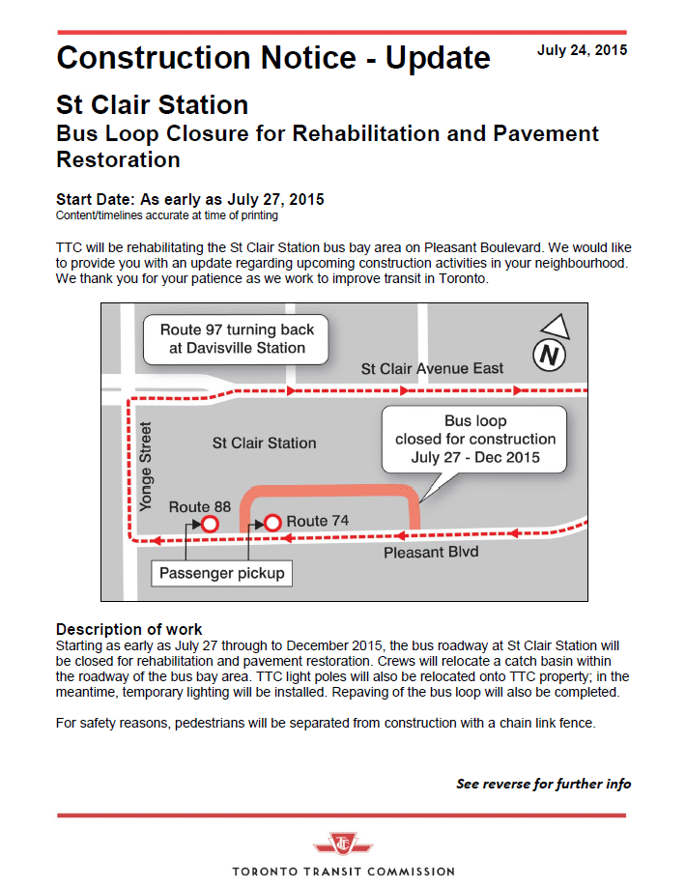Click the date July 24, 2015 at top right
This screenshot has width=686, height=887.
coord(582,50)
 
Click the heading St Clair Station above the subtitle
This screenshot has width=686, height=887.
coord(152,104)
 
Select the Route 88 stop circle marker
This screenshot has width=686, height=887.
coord(209,524)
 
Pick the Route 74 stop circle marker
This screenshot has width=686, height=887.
coord(272,523)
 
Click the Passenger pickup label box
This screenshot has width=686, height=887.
coord(222,573)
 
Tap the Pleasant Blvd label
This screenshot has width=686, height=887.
coord(431,553)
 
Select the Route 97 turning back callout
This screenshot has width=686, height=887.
coord(237,338)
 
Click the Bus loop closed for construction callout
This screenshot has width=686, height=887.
coord(474,439)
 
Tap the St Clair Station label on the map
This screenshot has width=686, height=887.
coord(264,443)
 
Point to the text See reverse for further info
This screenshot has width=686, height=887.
coord(543,784)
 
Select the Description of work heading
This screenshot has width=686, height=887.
coord(129,629)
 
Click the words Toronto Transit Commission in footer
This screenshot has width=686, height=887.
coord(343,872)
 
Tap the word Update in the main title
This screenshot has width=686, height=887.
coord(438,58)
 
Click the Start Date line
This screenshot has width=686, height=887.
coord(190,199)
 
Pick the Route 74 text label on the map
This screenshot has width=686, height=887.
coord(318,521)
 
